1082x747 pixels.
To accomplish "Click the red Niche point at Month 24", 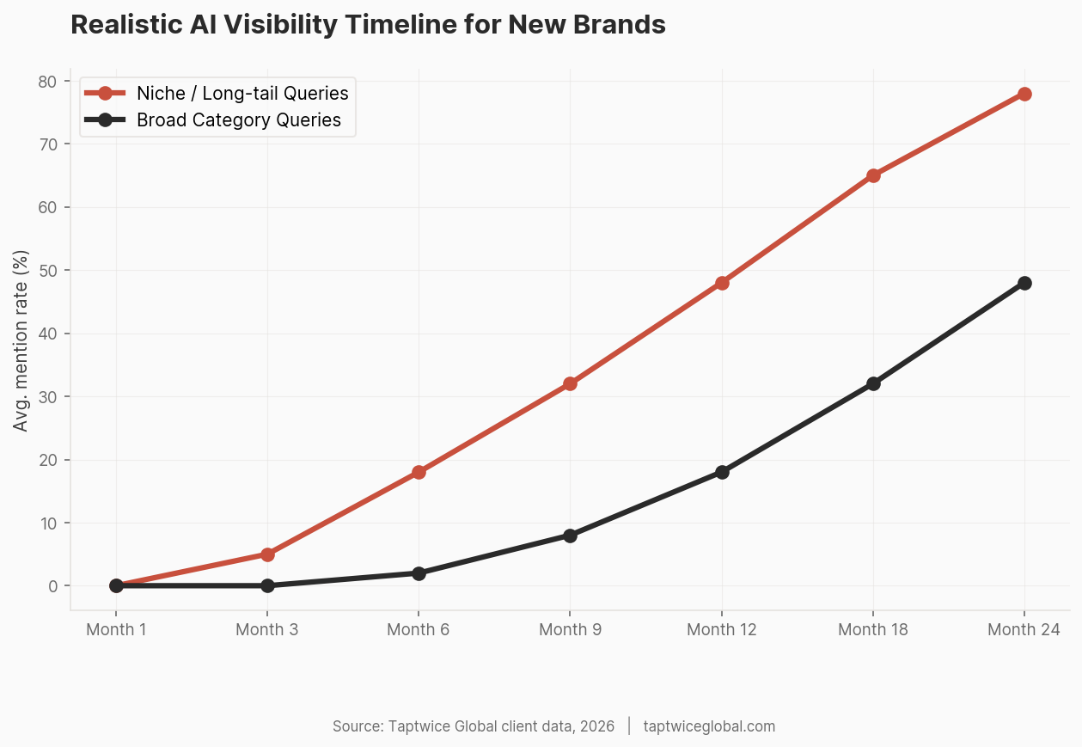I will pyautogui.click(x=1024, y=94).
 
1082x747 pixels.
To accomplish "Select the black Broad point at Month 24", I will pyautogui.click(x=1024, y=283).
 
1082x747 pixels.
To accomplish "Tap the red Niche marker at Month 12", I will pyautogui.click(x=722, y=283).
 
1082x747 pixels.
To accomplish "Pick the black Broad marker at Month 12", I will pyautogui.click(x=722, y=472).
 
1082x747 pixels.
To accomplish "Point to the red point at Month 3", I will pyautogui.click(x=267, y=554).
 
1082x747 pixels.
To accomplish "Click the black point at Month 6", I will pyautogui.click(x=419, y=573).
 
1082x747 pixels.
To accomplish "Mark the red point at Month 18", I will pyautogui.click(x=873, y=175).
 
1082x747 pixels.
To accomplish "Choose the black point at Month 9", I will pyautogui.click(x=570, y=536).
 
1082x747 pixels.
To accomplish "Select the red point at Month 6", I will pyautogui.click(x=419, y=472).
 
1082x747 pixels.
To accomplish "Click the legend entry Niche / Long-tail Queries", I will pyautogui.click(x=242, y=93).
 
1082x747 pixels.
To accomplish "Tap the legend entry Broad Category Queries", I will pyautogui.click(x=239, y=120).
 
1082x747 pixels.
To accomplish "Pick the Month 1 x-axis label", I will pyautogui.click(x=116, y=630).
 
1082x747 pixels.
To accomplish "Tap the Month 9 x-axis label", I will pyautogui.click(x=570, y=630).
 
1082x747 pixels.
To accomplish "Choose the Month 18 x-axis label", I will pyautogui.click(x=873, y=630).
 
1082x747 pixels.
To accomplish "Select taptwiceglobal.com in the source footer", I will pyautogui.click(x=709, y=726).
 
